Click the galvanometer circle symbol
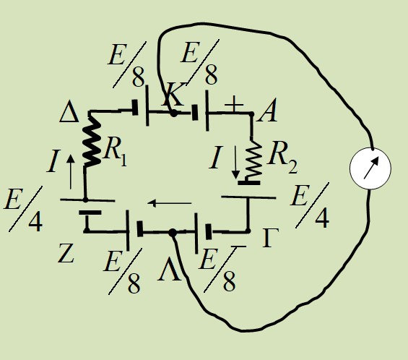pyautogui.click(x=370, y=168)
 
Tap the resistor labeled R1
pyautogui.click(x=91, y=142)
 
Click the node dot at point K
pyautogui.click(x=173, y=113)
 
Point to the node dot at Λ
pyautogui.click(x=173, y=233)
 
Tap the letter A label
pyautogui.click(x=267, y=111)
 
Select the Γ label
pyautogui.click(x=271, y=238)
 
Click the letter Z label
pyautogui.click(x=66, y=253)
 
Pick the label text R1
pyautogui.click(x=116, y=151)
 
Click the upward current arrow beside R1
pyautogui.click(x=71, y=172)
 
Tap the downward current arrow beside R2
pyautogui.click(x=235, y=162)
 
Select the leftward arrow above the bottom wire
pyautogui.click(x=170, y=202)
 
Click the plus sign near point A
pyautogui.click(x=234, y=104)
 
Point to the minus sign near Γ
pyautogui.click(x=238, y=247)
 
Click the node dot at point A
pyautogui.click(x=251, y=113)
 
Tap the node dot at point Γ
pyautogui.click(x=248, y=231)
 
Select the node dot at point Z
pyautogui.click(x=87, y=231)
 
